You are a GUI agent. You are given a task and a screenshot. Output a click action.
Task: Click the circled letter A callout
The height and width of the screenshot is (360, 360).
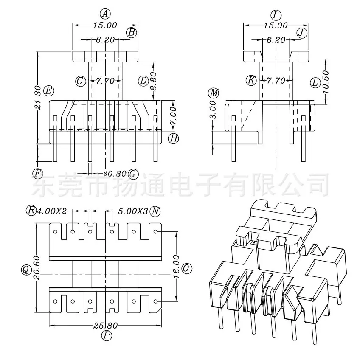[x=105, y=14]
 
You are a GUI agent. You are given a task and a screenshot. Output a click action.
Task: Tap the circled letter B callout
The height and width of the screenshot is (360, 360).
[x=132, y=32]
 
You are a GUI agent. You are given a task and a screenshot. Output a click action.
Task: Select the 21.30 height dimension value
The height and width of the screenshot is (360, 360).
[x=38, y=97]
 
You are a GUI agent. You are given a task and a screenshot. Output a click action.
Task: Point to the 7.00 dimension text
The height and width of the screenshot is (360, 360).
[x=173, y=115]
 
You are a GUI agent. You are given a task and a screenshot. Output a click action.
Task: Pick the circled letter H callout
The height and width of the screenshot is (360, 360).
[x=173, y=138]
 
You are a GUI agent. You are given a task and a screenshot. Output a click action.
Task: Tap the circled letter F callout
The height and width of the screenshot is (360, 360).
[x=37, y=173]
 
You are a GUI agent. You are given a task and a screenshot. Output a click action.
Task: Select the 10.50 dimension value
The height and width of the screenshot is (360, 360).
[x=326, y=82]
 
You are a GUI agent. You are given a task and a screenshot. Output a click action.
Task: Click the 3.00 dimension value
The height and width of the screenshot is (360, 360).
[x=213, y=110]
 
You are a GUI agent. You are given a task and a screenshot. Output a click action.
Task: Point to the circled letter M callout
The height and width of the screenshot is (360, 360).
[x=214, y=93]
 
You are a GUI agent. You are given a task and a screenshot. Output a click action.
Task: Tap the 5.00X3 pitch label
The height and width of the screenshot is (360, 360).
[x=133, y=211]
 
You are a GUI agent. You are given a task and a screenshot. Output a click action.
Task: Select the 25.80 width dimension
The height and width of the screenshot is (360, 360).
[x=106, y=325]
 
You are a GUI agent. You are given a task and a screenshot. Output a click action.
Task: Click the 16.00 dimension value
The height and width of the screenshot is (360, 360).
[x=176, y=266]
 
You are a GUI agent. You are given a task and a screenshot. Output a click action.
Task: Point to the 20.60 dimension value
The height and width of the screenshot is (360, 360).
[x=37, y=268]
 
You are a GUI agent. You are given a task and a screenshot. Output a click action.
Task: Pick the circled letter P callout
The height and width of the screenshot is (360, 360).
[x=107, y=335]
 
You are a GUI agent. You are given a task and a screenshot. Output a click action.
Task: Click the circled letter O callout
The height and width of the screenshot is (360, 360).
[x=187, y=268]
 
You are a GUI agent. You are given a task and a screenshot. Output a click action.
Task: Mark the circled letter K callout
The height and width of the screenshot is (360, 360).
[x=251, y=80]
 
